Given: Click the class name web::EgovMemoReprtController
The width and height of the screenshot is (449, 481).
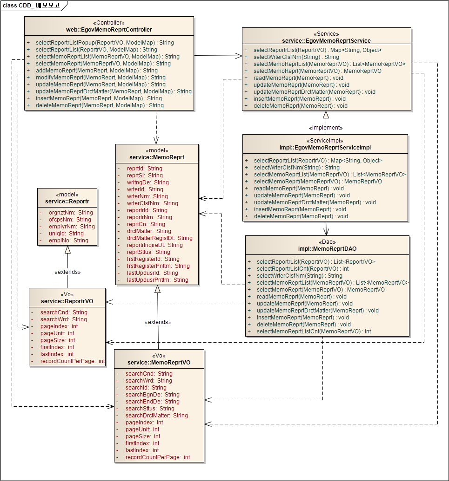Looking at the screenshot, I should pos(109,30).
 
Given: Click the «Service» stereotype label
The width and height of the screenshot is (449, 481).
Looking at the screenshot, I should pos(326,34).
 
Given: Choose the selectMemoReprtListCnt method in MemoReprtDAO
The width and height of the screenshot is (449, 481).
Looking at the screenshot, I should pos(314,331).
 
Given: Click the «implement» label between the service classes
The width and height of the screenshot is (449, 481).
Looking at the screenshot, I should pos(326,128).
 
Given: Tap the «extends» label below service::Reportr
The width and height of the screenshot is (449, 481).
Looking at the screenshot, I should pos(67,272).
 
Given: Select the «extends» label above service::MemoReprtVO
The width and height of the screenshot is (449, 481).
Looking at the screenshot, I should pos(158,322).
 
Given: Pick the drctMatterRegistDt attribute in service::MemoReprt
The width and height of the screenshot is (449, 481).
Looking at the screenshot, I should pos(160,238).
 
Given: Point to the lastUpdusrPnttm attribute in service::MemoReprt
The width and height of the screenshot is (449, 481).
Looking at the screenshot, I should pos(157,280).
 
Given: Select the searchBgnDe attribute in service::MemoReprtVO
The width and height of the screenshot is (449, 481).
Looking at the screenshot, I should pos(152,395).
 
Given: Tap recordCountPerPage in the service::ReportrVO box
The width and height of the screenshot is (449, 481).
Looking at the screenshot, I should pos(73,361).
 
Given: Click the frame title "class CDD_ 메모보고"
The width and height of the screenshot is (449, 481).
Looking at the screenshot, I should pos(31,6).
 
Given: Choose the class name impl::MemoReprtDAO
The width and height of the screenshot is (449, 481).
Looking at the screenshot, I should pos(327,249).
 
